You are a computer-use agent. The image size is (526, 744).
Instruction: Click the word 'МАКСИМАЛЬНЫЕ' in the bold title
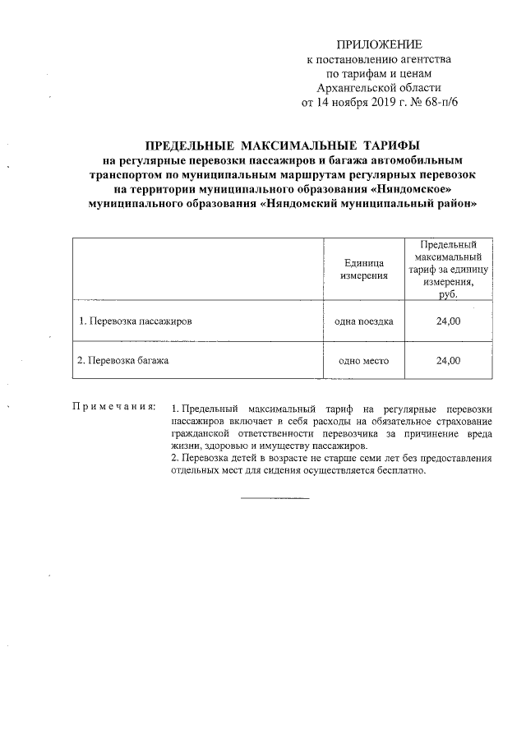click(279, 146)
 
